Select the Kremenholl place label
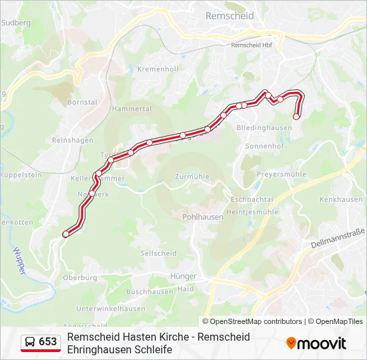coord(157,69)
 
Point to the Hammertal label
coord(132,108)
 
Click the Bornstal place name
coord(82,103)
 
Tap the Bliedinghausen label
coord(264,127)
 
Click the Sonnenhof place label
coord(265,145)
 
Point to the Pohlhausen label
coord(203,217)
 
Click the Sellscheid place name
coord(159,253)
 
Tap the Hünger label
coord(183,276)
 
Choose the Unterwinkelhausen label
coord(111,309)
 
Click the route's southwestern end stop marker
coord(65,234)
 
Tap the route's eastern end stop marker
coord(296,117)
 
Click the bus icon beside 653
coord(30,342)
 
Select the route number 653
coord(48,342)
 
